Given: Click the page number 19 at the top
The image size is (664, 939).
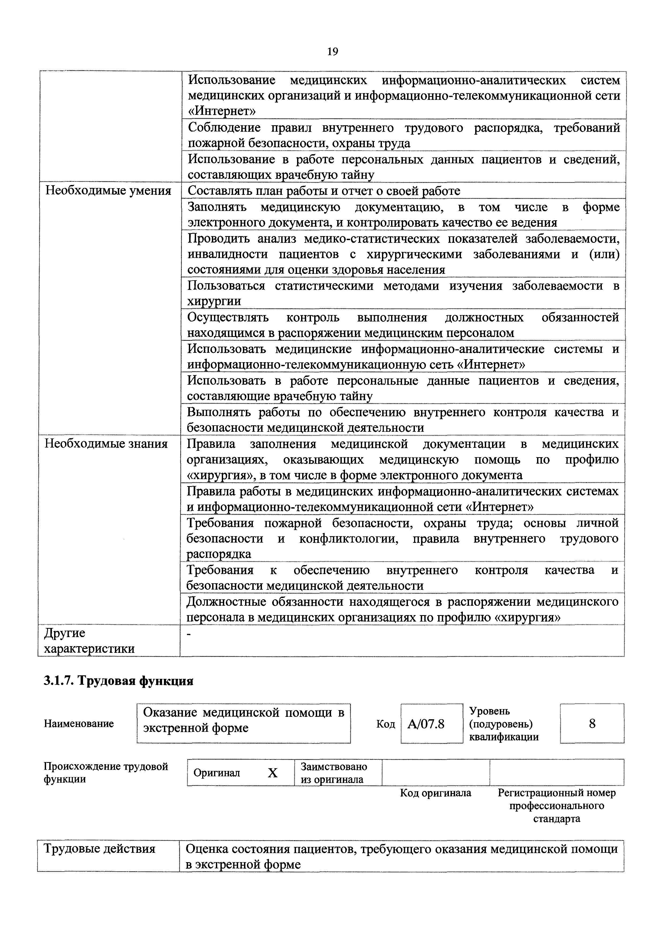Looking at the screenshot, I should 332,52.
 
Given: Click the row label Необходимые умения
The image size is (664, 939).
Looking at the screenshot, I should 108,191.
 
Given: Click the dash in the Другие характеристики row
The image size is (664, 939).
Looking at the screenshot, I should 189,634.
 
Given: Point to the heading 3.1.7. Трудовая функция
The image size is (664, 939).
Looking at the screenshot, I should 118,681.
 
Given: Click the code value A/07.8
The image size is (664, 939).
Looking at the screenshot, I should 426,724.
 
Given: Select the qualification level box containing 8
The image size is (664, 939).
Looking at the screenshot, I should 592,724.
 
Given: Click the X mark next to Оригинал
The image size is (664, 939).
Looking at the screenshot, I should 272,773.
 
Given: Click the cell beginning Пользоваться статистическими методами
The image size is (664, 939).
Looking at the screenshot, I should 403,293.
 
